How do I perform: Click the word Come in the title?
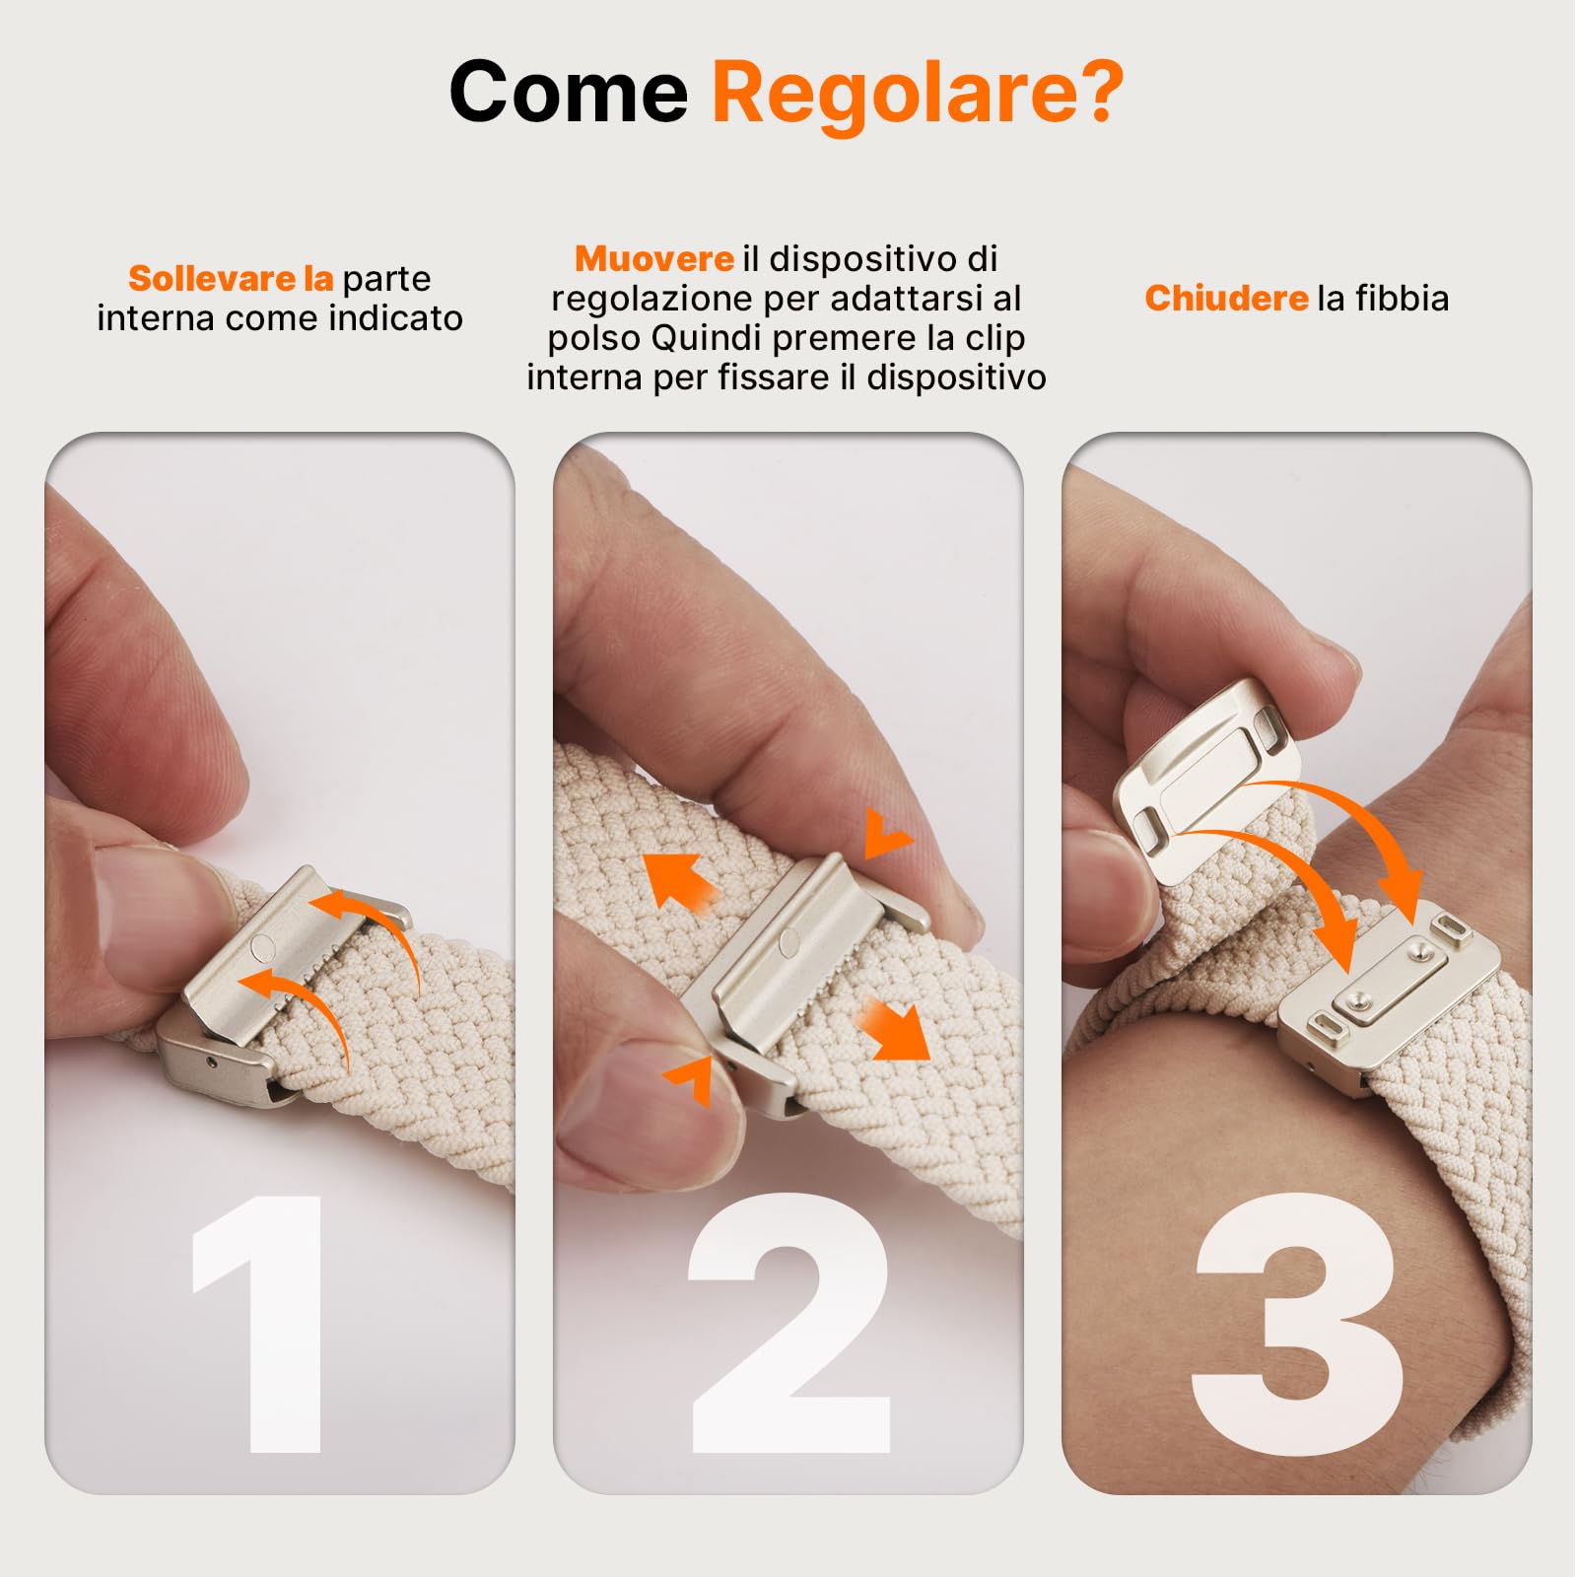(x=569, y=92)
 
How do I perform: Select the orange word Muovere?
(x=653, y=258)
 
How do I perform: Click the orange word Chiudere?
(x=1226, y=298)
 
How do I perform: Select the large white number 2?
(x=788, y=1323)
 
